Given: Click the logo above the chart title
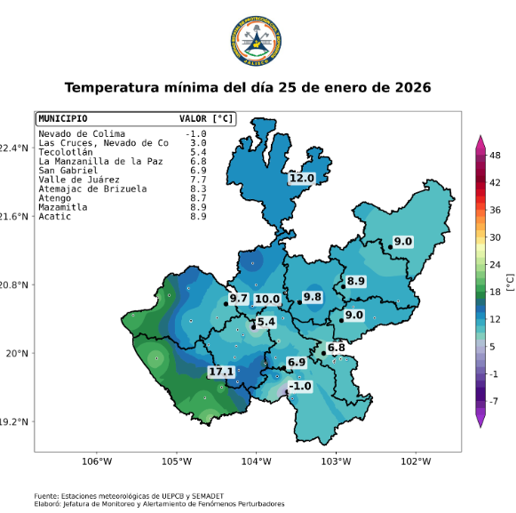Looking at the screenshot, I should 257,41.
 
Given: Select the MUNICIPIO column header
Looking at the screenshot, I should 62,118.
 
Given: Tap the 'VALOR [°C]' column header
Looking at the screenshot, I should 206,118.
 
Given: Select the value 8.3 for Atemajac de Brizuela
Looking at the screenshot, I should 198,188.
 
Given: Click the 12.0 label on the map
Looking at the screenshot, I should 302,179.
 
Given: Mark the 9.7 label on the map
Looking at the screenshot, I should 238,299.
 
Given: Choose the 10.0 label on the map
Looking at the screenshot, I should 267,300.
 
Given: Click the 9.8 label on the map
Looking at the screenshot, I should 312,297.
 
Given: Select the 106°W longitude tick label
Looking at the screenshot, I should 96,461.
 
